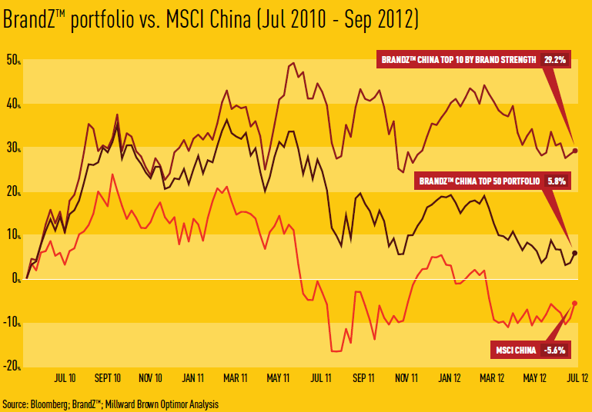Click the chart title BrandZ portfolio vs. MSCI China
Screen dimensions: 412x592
210,21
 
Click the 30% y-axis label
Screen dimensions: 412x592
12,148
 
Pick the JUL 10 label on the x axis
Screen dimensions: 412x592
65,378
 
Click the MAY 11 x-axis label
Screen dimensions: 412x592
278,378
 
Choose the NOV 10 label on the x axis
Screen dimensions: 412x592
149,378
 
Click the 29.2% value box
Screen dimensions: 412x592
554,58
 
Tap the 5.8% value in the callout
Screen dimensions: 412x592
556,181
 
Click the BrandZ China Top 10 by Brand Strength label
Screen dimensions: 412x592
458,58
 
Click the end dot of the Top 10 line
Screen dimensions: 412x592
576,151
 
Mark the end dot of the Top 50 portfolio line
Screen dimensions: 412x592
575,253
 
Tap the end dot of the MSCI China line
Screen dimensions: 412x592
575,303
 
